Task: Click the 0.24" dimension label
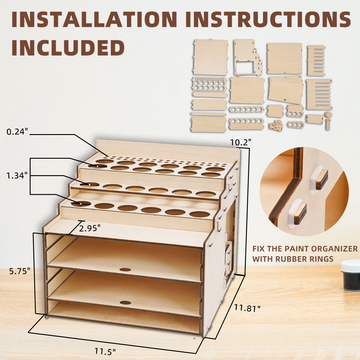click(17, 131)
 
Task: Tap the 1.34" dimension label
click(17, 175)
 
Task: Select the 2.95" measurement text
click(90, 229)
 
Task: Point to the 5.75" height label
click(20, 271)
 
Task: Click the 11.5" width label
click(105, 351)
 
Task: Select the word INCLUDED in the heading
click(68, 47)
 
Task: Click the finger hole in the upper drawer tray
click(125, 269)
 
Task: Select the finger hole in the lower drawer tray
click(125, 302)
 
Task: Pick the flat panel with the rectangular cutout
click(248, 58)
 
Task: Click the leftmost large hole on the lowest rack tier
click(81, 204)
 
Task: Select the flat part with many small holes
click(209, 84)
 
